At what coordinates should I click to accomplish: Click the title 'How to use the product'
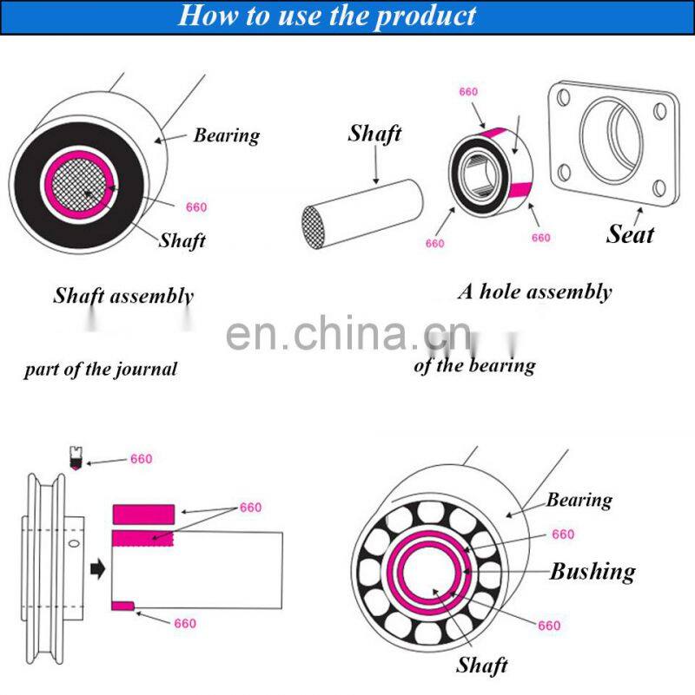[x=327, y=16]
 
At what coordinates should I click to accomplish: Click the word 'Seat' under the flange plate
[x=630, y=233]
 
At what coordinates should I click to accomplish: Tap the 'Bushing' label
[x=592, y=571]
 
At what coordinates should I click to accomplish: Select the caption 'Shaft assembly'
[x=123, y=295]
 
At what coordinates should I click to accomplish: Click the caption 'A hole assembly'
[x=534, y=292]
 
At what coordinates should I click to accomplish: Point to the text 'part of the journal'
[x=100, y=369]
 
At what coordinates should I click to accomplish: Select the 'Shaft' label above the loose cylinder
[x=374, y=134]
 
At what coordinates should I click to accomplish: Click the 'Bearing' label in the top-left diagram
[x=226, y=135]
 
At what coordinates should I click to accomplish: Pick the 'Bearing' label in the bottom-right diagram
[x=579, y=500]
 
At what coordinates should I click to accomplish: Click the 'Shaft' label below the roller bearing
[x=481, y=665]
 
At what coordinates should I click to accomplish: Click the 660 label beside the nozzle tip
[x=141, y=459]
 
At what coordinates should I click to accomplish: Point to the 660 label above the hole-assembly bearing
[x=468, y=92]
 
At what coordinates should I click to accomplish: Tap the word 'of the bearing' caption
[x=474, y=365]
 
